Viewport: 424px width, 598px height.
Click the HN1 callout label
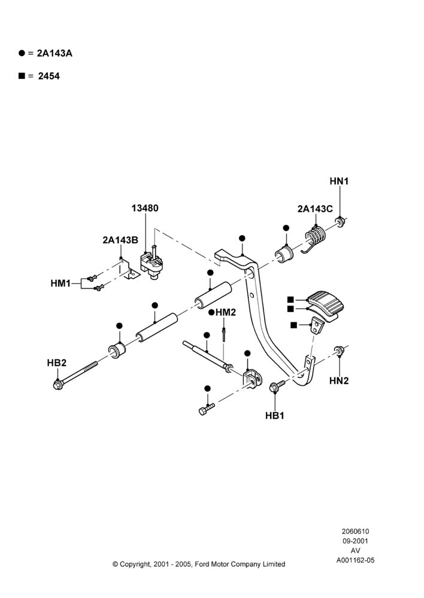pyautogui.click(x=339, y=181)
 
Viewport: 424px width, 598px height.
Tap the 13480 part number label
pyautogui.click(x=145, y=208)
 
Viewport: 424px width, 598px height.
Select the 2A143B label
pyautogui.click(x=120, y=240)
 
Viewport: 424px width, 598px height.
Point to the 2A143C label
pyautogui.click(x=315, y=209)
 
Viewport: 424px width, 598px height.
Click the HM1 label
pyautogui.click(x=60, y=283)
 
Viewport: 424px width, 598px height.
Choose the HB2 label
pyautogui.click(x=56, y=363)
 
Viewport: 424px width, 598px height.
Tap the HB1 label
pyautogui.click(x=275, y=416)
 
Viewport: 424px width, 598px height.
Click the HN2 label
pyautogui.click(x=339, y=380)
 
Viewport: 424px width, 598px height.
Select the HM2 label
pyautogui.click(x=225, y=313)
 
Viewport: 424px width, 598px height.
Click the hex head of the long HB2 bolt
pyautogui.click(x=57, y=385)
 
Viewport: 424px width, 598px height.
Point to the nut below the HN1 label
pyautogui.click(x=339, y=222)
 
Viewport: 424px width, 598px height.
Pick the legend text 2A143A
pyautogui.click(x=54, y=53)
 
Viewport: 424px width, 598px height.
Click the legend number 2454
pyautogui.click(x=49, y=77)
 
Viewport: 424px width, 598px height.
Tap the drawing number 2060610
pyautogui.click(x=355, y=531)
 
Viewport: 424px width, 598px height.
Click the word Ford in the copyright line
pyautogui.click(x=202, y=564)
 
